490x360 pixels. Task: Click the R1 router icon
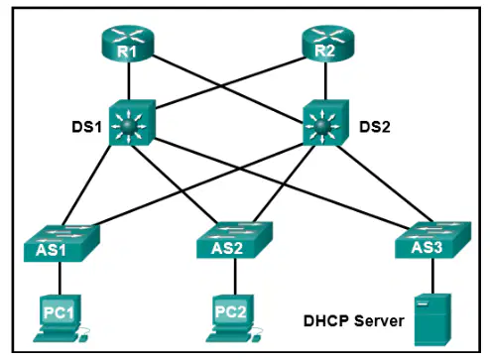coord(127,44)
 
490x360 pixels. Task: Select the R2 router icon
coord(328,44)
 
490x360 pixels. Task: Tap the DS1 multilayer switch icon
coord(132,123)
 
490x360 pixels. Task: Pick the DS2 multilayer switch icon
coord(325,123)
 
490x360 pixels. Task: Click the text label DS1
coord(86,127)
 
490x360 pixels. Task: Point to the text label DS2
coord(375,127)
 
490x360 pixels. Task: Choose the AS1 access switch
coord(61,243)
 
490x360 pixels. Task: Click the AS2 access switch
coord(235,240)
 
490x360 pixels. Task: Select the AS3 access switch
coord(433,240)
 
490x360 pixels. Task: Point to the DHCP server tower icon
coord(432,319)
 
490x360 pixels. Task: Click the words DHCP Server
coord(354,321)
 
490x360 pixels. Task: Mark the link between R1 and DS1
coord(129,81)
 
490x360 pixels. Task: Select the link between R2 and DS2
coord(326,81)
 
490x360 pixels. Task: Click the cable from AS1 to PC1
coord(60,279)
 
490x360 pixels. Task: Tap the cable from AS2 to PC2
coord(235,277)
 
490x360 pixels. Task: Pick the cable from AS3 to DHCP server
coord(432,276)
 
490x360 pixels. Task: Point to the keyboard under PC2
coord(229,338)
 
